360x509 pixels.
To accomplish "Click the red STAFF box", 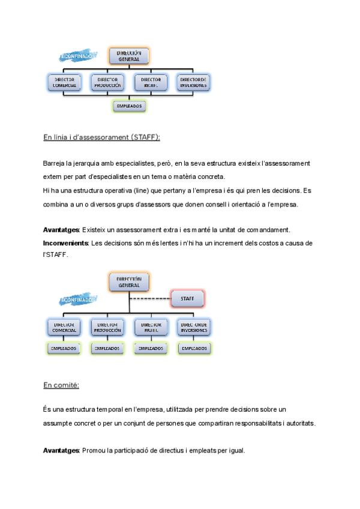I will [x=188, y=298].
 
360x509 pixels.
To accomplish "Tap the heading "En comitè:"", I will [x=61, y=385].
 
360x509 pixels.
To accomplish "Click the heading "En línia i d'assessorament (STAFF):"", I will [x=101, y=137].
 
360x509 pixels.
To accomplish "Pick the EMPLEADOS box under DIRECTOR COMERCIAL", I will [x=64, y=348].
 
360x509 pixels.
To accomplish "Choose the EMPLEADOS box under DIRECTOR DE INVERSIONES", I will [x=194, y=348].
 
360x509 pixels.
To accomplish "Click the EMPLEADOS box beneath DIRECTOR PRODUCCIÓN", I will [x=107, y=348].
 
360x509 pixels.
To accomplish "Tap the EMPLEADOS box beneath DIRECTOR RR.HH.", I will [x=151, y=348].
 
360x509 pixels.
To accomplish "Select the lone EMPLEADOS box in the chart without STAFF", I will [x=129, y=106].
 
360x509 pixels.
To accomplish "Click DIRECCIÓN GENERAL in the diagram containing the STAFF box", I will [x=129, y=282].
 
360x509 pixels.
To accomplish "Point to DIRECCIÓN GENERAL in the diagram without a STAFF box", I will [x=129, y=56].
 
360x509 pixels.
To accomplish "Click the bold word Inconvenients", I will [x=65, y=243].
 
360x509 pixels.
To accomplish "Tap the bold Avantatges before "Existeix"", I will [x=61, y=230].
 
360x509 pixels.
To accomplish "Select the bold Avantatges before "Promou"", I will [x=61, y=450].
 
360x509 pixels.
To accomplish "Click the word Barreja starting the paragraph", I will [x=55, y=163].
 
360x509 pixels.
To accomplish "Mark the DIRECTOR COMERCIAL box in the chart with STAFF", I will [x=64, y=327].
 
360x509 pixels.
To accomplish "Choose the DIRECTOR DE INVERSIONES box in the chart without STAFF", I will [x=194, y=82].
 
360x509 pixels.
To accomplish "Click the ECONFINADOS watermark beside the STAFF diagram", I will [x=79, y=298].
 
